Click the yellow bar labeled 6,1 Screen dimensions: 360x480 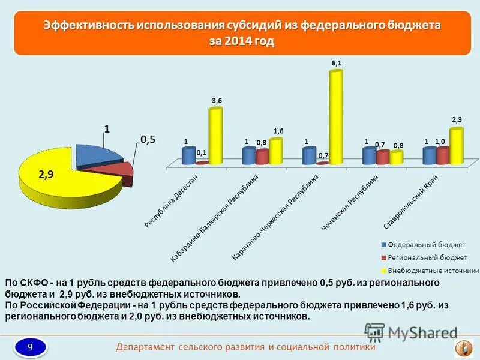click(x=336, y=117)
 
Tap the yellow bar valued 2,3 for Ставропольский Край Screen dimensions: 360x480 click(x=456, y=146)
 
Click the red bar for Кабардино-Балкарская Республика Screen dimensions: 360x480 click(x=262, y=157)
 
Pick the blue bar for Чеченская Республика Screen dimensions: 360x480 click(x=370, y=156)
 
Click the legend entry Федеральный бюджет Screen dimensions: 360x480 click(x=422, y=245)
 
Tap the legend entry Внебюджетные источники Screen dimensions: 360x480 click(x=428, y=271)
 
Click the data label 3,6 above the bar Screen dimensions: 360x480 click(x=216, y=101)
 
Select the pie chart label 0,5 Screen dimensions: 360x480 click(x=148, y=139)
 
